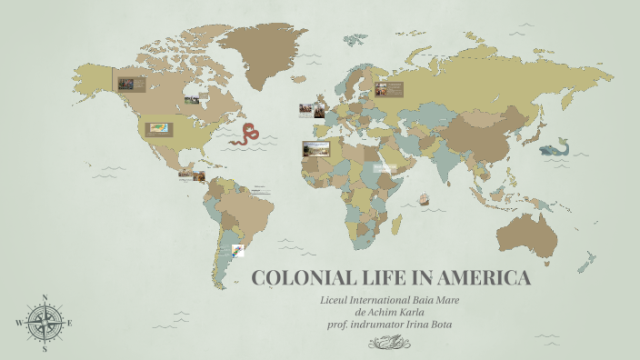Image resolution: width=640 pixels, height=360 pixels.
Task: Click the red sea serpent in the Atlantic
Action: [245, 135]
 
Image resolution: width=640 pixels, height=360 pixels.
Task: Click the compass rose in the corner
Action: [44, 322]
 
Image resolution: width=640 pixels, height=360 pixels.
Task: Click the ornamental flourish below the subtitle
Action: [392, 342]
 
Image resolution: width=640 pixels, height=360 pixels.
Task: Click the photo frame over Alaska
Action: [127, 84]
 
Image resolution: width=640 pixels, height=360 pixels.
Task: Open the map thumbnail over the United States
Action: [160, 129]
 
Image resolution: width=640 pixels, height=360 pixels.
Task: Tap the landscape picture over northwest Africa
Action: [316, 149]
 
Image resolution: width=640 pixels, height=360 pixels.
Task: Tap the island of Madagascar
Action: [396, 224]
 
